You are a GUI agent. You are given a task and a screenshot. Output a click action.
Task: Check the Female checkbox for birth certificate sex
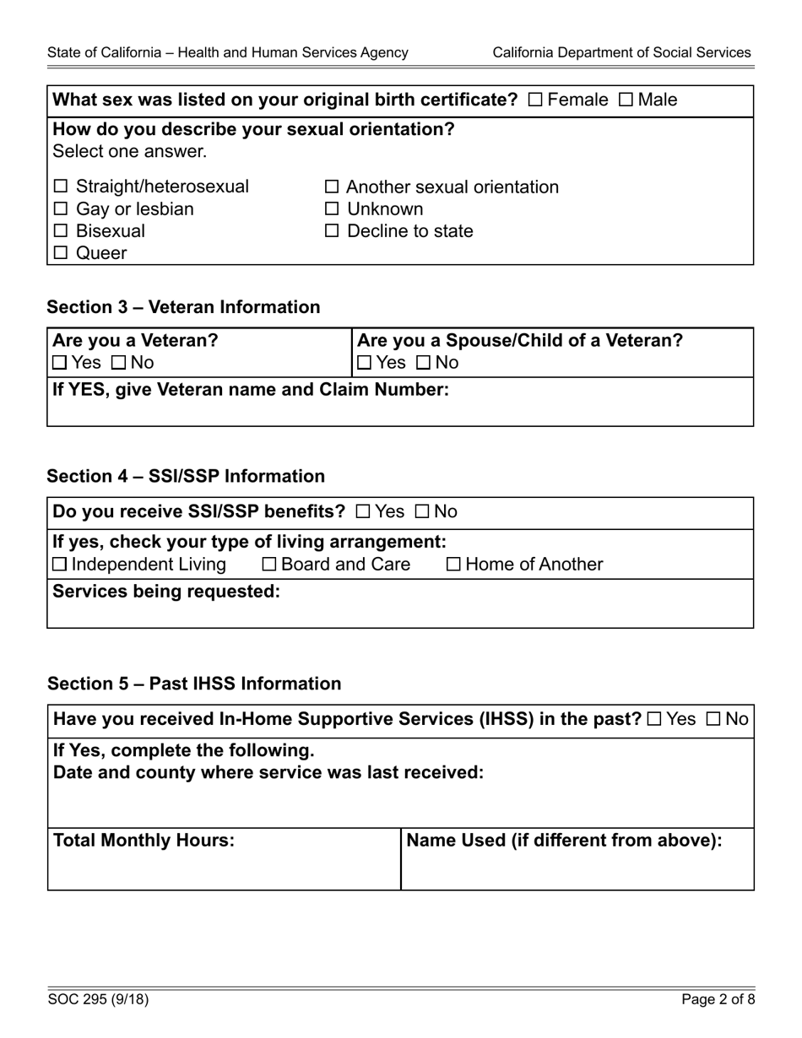pos(535,100)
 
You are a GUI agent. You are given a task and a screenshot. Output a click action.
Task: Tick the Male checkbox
pos(626,100)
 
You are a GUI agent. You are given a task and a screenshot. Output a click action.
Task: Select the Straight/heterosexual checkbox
pos(61,187)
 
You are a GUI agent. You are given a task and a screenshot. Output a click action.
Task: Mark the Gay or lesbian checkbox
pos(61,208)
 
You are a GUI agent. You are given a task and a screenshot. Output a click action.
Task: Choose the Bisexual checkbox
pos(61,230)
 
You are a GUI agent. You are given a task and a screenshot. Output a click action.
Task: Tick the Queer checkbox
pos(61,252)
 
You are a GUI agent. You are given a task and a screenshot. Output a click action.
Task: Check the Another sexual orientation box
pos(332,187)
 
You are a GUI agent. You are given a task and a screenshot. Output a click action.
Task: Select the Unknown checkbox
pos(332,208)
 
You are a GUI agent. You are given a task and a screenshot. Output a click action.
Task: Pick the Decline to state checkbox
pos(332,230)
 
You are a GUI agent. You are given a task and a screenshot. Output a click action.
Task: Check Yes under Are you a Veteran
pos(60,363)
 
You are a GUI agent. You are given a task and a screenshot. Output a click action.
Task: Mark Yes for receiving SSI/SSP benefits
pos(363,511)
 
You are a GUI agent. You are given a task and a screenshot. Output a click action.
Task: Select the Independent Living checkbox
pos(60,564)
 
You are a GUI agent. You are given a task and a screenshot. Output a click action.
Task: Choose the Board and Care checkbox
pos(269,564)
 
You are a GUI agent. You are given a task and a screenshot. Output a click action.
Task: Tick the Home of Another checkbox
pos(453,564)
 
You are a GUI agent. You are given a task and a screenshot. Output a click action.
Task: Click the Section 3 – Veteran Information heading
pos(183,307)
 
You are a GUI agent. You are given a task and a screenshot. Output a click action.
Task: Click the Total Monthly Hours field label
pos(144,841)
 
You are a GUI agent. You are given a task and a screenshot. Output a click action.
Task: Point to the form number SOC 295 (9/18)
pos(98,1000)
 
